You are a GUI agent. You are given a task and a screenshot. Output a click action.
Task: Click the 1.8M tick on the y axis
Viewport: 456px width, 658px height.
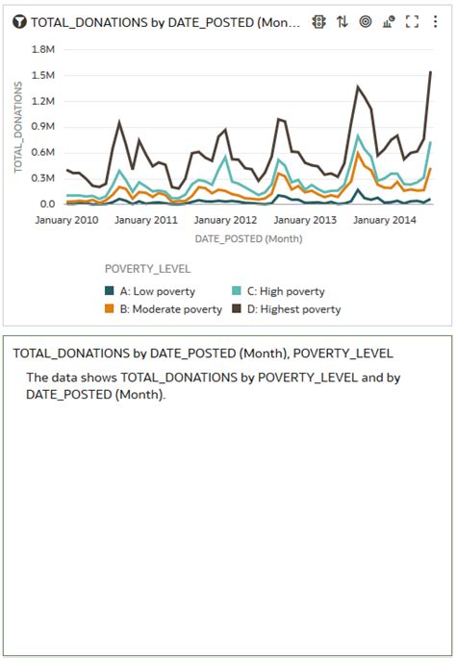(43, 48)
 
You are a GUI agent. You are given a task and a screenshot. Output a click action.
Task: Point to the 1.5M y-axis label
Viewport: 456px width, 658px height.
(43, 74)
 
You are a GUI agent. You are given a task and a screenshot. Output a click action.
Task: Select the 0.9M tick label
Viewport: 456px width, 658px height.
(43, 126)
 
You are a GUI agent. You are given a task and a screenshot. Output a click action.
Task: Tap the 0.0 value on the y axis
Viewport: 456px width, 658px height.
(46, 204)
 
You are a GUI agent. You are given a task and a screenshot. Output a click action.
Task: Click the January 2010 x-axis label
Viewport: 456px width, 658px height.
(66, 220)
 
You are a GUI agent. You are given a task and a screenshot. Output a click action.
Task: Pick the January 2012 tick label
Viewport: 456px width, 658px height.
(225, 220)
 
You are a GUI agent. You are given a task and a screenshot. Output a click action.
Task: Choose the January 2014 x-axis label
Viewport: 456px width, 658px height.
(384, 220)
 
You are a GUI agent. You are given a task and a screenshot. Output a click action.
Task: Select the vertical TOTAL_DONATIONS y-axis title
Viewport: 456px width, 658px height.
(18, 127)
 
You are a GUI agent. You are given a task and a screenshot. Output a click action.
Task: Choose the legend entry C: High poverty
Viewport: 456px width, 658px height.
(278, 291)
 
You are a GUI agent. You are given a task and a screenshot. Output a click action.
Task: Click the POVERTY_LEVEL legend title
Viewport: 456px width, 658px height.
(148, 269)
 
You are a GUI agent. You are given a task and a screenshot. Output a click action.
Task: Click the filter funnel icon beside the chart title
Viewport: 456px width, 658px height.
(19, 22)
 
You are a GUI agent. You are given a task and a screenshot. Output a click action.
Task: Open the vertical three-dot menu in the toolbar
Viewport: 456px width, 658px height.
(437, 22)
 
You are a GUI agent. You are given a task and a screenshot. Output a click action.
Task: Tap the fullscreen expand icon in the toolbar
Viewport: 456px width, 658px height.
(413, 22)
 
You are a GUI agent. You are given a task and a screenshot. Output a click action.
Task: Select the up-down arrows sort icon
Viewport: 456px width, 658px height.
(342, 22)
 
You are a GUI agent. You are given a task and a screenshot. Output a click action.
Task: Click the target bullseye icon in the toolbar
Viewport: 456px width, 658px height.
(366, 22)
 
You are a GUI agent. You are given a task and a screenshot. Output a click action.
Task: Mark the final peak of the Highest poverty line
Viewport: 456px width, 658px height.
(430, 72)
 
